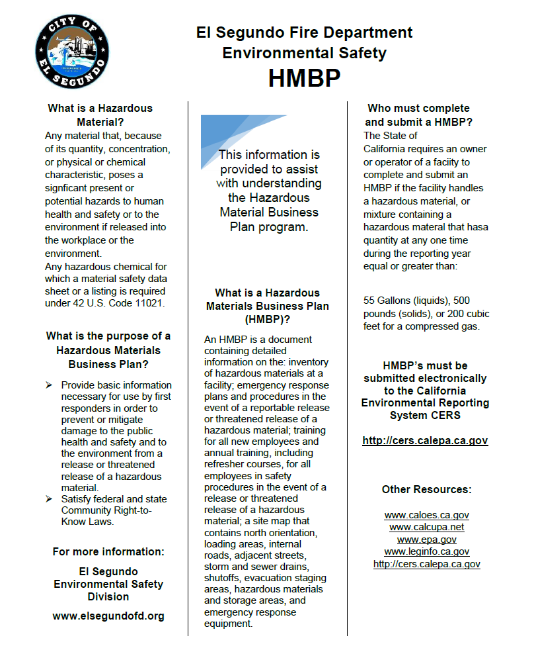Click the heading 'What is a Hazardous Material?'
point(100,115)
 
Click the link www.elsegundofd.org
point(108,616)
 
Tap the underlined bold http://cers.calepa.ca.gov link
point(425,440)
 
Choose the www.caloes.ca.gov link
point(426,515)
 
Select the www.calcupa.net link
point(426,527)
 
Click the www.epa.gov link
point(426,539)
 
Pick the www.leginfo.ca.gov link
point(426,551)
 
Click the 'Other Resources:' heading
point(426,490)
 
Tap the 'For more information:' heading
point(108,551)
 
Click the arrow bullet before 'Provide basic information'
point(49,385)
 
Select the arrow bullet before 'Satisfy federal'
point(49,499)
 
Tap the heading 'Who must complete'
point(418,108)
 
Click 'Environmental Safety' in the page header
point(304,53)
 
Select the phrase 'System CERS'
point(425,416)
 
